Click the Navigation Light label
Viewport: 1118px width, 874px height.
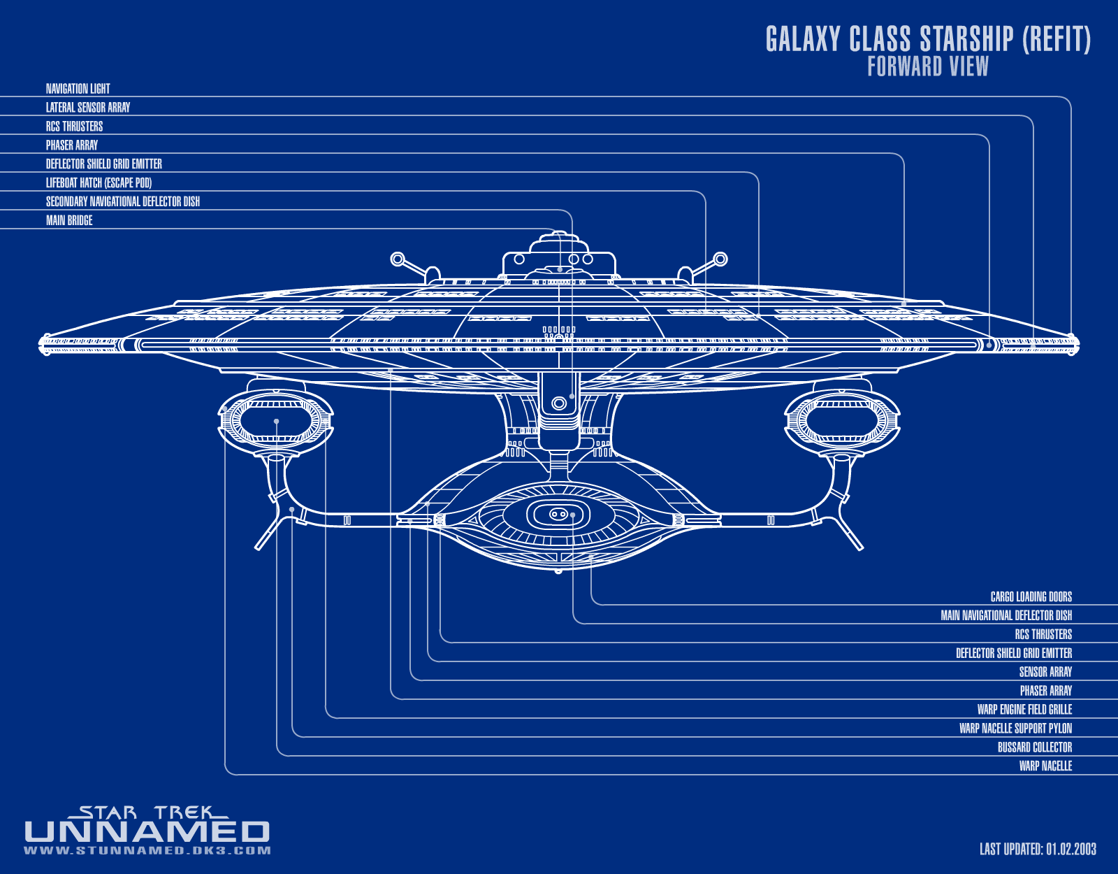click(78, 89)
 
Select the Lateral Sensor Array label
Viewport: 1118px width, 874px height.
click(88, 108)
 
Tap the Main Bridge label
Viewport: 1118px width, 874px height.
click(69, 221)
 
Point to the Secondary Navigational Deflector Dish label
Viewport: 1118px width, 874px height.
click(123, 202)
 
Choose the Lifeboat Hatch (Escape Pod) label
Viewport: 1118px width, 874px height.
click(99, 183)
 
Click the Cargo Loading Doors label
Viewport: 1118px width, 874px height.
click(1031, 597)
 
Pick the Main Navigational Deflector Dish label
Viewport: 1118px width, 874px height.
click(1006, 616)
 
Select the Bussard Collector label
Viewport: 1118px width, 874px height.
click(1034, 747)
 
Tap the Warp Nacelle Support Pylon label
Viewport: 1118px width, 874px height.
click(1015, 729)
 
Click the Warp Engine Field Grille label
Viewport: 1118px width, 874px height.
click(1024, 710)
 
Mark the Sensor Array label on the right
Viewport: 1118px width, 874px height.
click(1045, 672)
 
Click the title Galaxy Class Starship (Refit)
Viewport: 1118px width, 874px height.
click(928, 40)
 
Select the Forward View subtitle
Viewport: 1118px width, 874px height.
click(928, 67)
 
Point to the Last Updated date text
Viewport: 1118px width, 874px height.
click(1038, 850)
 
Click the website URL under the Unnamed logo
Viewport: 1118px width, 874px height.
click(147, 851)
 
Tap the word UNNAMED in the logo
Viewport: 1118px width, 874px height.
click(147, 832)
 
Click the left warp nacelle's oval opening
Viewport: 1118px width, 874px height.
click(276, 421)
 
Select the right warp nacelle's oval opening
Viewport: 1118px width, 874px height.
click(842, 421)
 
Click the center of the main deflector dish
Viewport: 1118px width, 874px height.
click(558, 515)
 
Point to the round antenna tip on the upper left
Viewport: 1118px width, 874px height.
click(397, 259)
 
